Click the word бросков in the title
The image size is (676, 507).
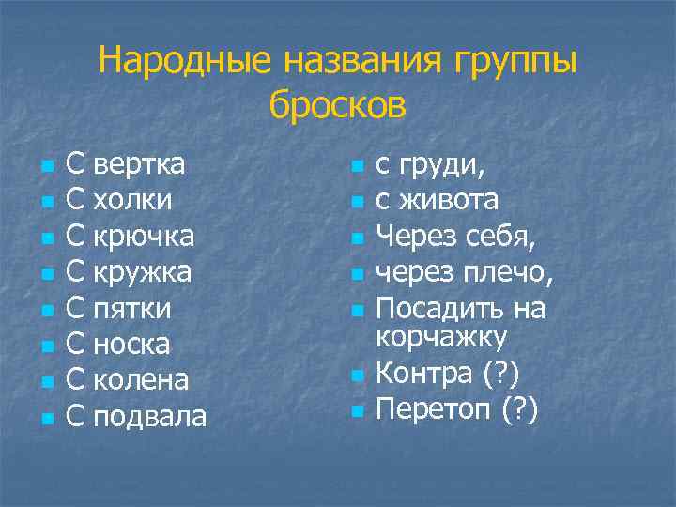pyautogui.click(x=338, y=104)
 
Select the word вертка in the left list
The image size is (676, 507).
pyautogui.click(x=139, y=164)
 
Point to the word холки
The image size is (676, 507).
pyautogui.click(x=132, y=200)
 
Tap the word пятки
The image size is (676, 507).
pyautogui.click(x=133, y=308)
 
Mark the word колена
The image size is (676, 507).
pyautogui.click(x=142, y=380)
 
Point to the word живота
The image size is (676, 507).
pyautogui.click(x=450, y=200)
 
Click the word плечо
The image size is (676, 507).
pyautogui.click(x=507, y=272)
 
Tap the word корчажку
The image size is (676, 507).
pyautogui.click(x=441, y=337)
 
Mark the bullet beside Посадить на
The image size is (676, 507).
pyautogui.click(x=355, y=311)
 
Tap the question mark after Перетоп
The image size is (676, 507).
pyautogui.click(x=517, y=409)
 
